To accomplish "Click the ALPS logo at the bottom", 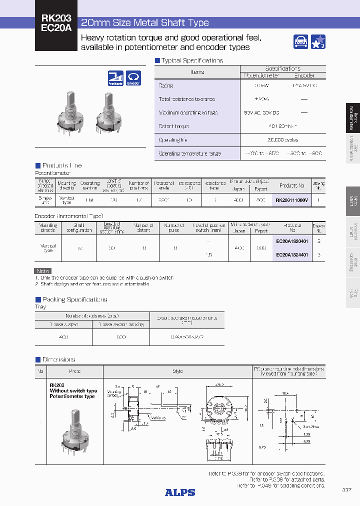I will click(x=179, y=492).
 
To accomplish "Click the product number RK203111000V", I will click(x=292, y=200).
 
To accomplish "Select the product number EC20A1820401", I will click(x=292, y=240).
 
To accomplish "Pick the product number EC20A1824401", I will click(x=292, y=254).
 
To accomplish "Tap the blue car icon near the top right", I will click(x=300, y=42).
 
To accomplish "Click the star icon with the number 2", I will click(x=318, y=42).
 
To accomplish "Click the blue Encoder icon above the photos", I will click(x=133, y=78).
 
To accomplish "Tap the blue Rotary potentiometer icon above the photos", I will click(x=115, y=78).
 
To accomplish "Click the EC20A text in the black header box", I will click(x=56, y=29).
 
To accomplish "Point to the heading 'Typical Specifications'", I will click(x=192, y=60).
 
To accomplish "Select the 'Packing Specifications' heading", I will click(x=74, y=299).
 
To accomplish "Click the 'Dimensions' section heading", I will click(x=58, y=359).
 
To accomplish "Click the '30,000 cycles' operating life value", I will click(x=283, y=140).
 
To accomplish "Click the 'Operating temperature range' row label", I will click(x=189, y=153).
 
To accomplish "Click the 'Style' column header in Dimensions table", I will click(x=177, y=371).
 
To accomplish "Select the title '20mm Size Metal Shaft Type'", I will click(x=145, y=22).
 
